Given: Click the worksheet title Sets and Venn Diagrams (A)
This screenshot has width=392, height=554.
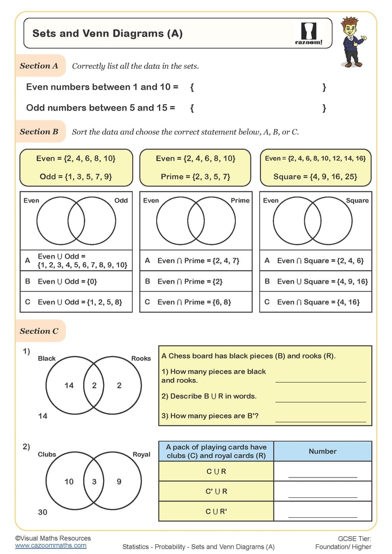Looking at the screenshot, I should [107, 34].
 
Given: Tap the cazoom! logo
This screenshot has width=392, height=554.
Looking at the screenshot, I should [309, 34].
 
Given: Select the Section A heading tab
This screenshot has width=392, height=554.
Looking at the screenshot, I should [39, 66].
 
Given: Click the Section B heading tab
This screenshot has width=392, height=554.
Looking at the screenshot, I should [39, 132].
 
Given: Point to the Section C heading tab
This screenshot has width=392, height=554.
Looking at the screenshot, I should [39, 331].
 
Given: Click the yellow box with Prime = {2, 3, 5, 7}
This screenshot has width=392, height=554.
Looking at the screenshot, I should [195, 167].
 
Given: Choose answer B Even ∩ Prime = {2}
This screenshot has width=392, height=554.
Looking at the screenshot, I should [195, 281].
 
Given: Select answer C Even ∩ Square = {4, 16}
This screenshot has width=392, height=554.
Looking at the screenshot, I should [315, 302].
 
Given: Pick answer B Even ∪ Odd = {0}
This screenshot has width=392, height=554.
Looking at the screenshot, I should [76, 281].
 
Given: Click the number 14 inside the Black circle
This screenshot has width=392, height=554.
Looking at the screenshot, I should [69, 386].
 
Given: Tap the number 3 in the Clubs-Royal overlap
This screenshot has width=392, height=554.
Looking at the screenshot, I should [94, 482].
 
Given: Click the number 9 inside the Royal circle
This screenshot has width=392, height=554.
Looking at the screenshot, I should [119, 482].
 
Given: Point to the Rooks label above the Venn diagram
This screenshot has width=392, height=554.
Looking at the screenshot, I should [141, 359].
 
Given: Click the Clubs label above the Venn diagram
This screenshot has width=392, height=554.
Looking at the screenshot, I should [47, 455].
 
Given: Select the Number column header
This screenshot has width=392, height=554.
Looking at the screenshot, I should [323, 451].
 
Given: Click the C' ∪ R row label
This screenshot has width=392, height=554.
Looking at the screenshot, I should [216, 492].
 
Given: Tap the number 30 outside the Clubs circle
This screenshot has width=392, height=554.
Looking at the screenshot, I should [42, 512].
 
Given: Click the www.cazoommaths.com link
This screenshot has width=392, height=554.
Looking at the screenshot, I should [51, 545].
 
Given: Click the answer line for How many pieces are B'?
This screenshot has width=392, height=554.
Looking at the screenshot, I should [321, 420].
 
